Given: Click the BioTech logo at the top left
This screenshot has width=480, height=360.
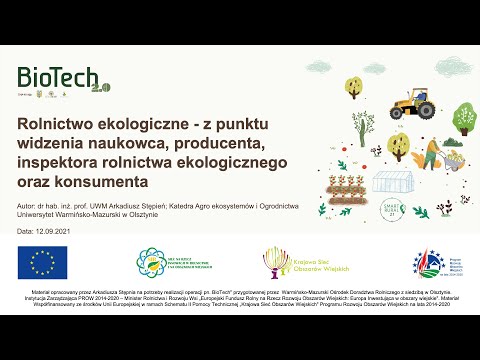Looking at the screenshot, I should (60, 79).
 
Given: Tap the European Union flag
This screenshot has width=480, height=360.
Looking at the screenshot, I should (42, 262).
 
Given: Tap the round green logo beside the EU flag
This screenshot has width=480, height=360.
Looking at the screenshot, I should (159, 263).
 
